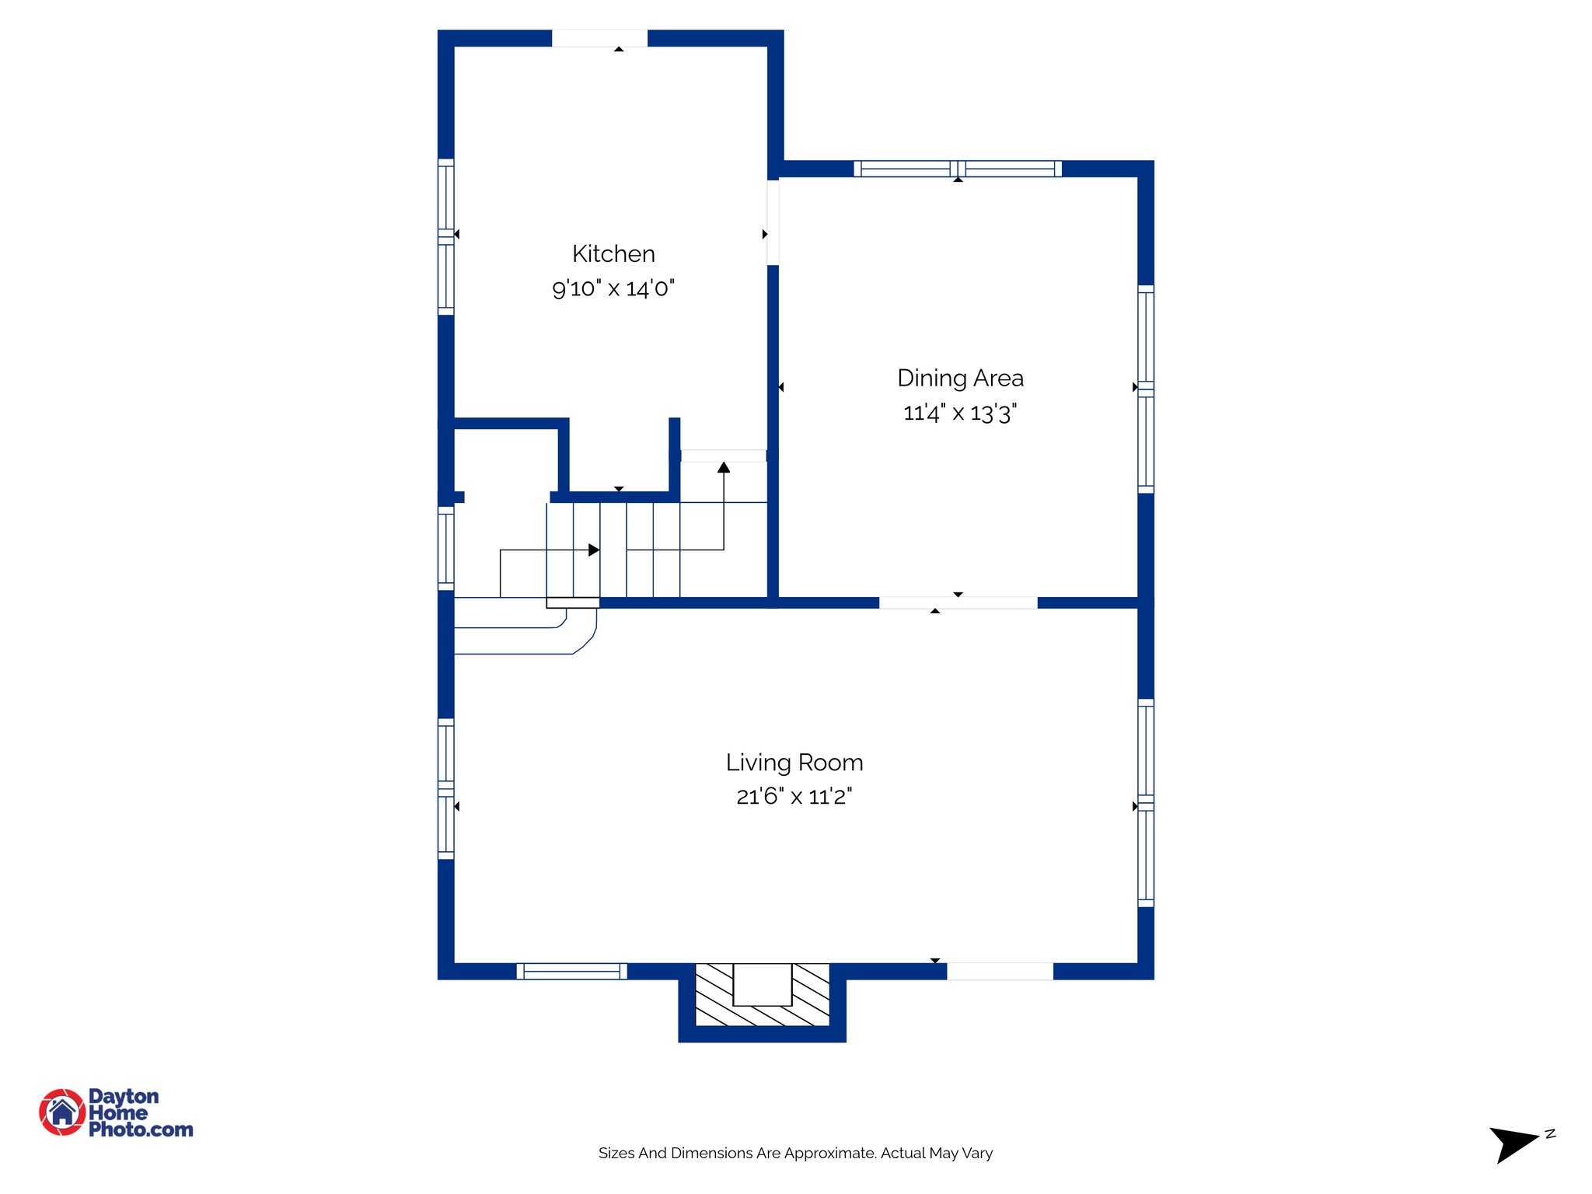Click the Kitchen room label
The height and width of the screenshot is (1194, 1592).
click(613, 254)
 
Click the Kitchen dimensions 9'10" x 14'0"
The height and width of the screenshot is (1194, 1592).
click(613, 288)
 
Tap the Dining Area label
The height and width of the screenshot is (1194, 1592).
click(960, 379)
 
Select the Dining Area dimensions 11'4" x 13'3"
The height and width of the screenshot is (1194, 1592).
click(960, 413)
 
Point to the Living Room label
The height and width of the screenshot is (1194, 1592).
click(794, 763)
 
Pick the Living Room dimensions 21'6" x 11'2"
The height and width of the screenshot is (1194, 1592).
click(794, 797)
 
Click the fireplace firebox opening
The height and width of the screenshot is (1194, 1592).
click(762, 984)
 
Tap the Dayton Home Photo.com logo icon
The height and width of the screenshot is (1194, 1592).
click(62, 1112)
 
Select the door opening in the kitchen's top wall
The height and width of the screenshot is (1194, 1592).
click(599, 38)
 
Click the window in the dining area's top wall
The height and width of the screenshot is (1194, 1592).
click(958, 169)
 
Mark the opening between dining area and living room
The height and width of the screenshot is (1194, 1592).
click(958, 602)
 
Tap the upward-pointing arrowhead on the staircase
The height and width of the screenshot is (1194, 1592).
click(724, 467)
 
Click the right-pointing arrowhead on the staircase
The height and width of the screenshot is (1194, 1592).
click(594, 550)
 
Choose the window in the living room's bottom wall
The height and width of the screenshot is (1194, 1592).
click(571, 971)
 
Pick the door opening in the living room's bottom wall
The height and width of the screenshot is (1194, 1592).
click(1000, 971)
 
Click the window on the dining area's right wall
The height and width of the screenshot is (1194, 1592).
click(1146, 389)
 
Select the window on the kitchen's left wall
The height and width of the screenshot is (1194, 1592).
click(445, 237)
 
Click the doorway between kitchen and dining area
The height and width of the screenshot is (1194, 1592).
click(773, 222)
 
